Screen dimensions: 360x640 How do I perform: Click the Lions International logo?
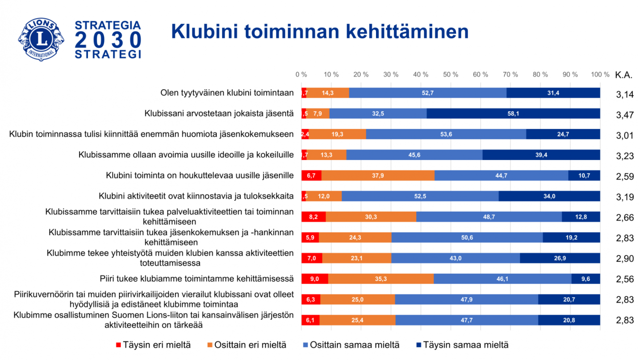[41, 39]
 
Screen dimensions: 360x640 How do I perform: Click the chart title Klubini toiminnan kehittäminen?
[320, 32]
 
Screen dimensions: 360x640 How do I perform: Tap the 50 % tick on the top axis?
[451, 75]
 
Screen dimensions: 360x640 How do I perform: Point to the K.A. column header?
[623, 75]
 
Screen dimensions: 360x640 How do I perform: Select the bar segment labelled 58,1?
[513, 113]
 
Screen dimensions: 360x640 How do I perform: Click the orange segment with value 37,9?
[378, 176]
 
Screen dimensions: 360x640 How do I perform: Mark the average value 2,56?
[625, 280]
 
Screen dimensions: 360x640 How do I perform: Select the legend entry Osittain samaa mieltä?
[351, 345]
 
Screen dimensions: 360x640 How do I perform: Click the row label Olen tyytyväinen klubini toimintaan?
[227, 93]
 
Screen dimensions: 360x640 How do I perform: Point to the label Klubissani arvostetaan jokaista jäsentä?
[219, 113]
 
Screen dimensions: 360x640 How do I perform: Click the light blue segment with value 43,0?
[456, 258]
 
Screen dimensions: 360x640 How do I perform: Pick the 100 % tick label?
[600, 75]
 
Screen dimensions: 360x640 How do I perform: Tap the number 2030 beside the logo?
[108, 40]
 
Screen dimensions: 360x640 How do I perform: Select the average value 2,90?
[625, 260]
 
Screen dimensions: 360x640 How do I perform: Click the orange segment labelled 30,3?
[371, 217]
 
